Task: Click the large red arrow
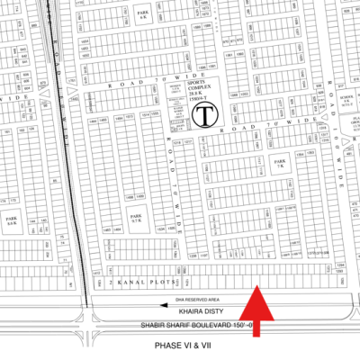tap(257, 310)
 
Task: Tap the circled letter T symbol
tap(205, 115)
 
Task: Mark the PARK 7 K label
tap(279, 166)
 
